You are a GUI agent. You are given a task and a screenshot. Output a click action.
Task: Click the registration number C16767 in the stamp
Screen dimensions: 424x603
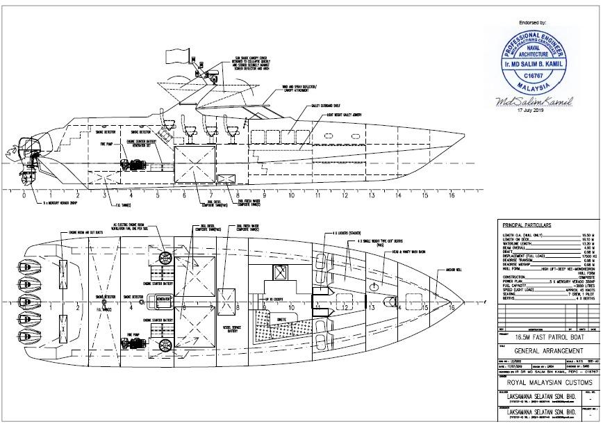531,74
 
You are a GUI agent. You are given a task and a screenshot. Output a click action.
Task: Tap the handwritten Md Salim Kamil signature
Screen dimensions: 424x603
533,102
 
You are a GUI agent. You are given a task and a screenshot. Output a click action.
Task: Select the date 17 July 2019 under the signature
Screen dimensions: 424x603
532,112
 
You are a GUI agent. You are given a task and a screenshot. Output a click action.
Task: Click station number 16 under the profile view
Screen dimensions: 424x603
452,196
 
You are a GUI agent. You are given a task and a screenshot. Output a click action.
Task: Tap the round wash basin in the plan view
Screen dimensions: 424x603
374,286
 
